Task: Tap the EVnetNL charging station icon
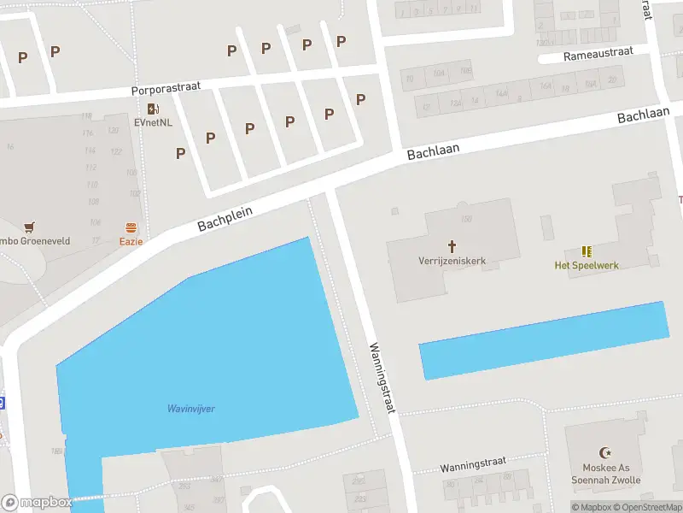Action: click(153, 109)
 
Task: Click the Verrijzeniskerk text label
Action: click(452, 260)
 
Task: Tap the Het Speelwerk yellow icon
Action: click(587, 251)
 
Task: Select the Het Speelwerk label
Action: click(587, 265)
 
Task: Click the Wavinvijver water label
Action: click(190, 409)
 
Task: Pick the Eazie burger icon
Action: click(131, 227)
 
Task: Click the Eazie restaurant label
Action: click(131, 241)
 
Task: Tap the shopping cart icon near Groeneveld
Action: click(31, 227)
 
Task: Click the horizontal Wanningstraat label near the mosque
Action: click(473, 467)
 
